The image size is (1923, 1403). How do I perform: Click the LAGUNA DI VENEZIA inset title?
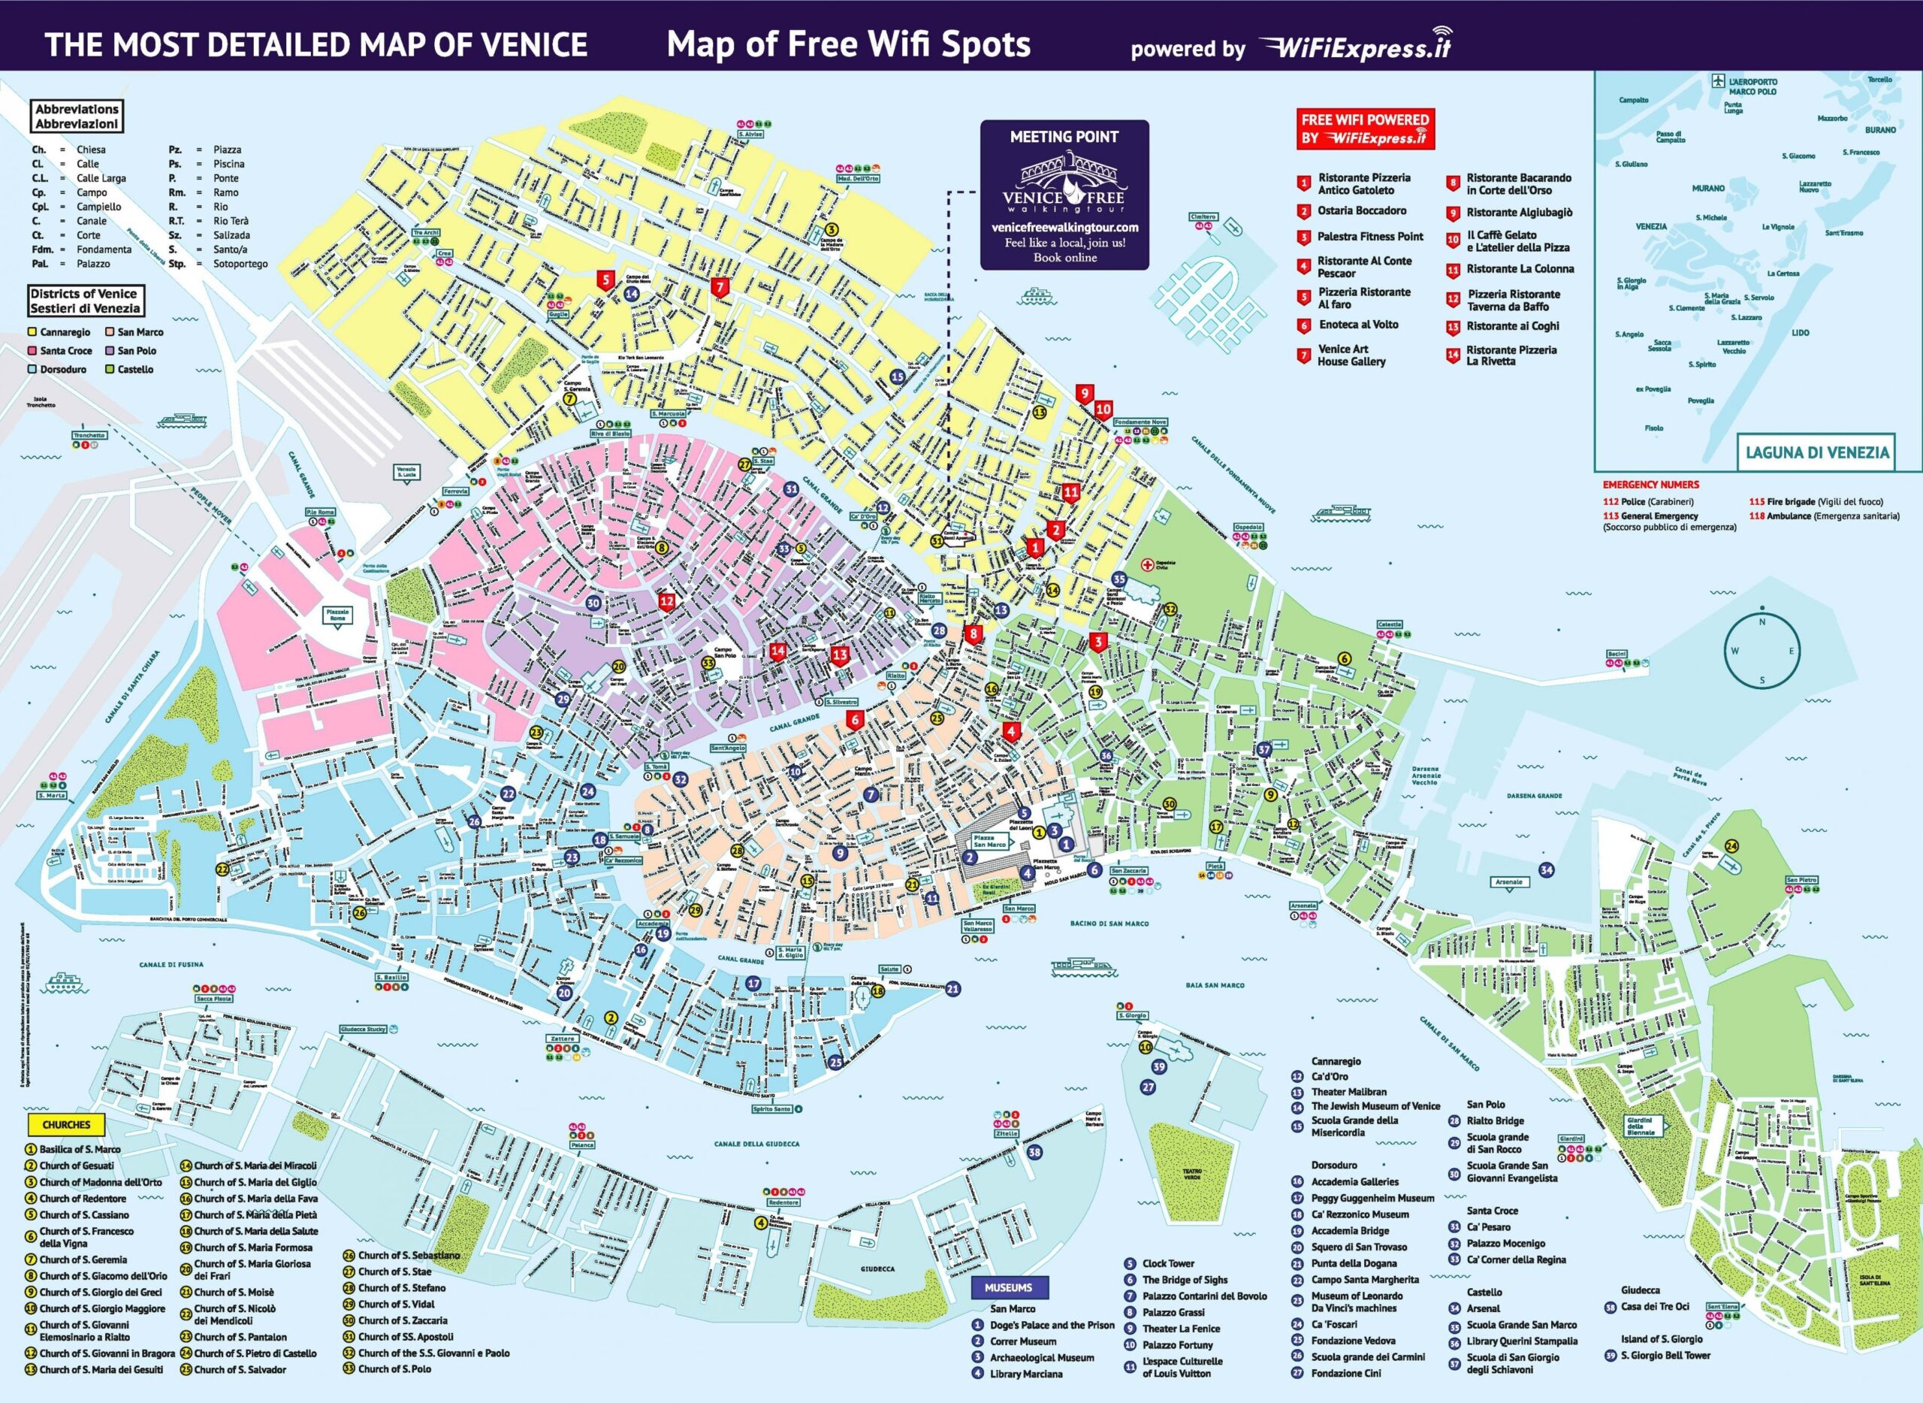tap(1817, 452)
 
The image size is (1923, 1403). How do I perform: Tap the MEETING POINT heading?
tap(1064, 137)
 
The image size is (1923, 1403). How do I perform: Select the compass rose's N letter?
tap(1761, 621)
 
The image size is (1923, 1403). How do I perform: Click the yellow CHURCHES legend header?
tap(66, 1124)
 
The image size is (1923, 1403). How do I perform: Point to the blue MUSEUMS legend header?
tap(1008, 1287)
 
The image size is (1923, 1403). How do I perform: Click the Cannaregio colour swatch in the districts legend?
tap(32, 332)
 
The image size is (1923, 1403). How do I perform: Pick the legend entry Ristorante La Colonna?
tap(1520, 269)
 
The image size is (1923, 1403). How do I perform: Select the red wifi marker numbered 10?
tap(1103, 410)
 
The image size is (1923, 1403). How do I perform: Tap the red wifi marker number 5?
tap(605, 279)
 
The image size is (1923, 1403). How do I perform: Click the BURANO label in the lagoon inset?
tap(1879, 130)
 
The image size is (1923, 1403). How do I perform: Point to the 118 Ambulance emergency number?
tap(1824, 516)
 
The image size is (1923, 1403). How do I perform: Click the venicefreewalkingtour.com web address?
tap(1064, 228)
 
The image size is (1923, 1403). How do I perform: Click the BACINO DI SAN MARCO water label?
tap(1109, 923)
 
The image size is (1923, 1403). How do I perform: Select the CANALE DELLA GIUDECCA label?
tap(756, 1143)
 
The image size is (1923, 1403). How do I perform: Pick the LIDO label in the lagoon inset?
tap(1800, 333)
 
